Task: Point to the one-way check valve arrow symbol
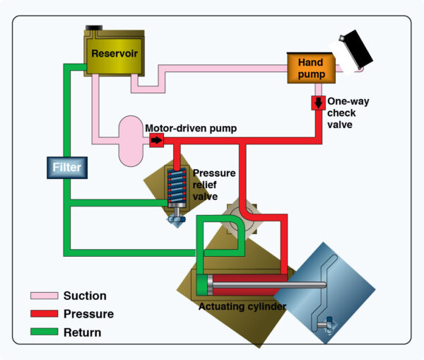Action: pyautogui.click(x=318, y=103)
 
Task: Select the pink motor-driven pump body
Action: pyautogui.click(x=130, y=139)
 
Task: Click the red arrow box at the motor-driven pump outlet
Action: pyautogui.click(x=155, y=140)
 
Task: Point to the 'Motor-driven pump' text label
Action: pyautogui.click(x=191, y=128)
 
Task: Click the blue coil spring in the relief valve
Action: pyautogui.click(x=175, y=186)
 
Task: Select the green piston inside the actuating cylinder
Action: pyautogui.click(x=204, y=286)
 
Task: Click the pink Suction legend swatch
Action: pyautogui.click(x=43, y=296)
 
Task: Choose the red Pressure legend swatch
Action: pyautogui.click(x=43, y=313)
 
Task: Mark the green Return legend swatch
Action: pyautogui.click(x=43, y=331)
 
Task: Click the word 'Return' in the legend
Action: pyautogui.click(x=82, y=332)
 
